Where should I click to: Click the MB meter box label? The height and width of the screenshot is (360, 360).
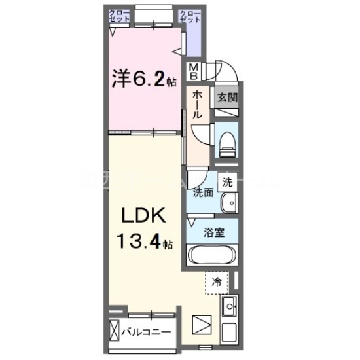196,69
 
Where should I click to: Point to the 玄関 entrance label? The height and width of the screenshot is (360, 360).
227,98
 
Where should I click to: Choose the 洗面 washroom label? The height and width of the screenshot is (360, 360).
202,192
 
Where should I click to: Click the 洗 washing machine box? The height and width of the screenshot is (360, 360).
226,182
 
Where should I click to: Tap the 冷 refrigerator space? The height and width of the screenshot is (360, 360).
216,283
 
